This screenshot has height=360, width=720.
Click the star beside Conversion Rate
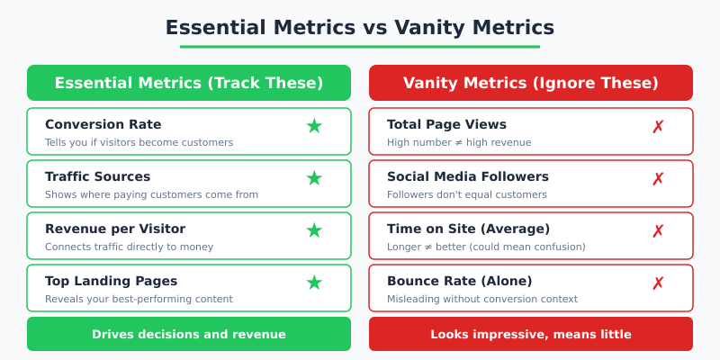[314, 127]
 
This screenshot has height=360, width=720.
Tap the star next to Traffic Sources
[314, 179]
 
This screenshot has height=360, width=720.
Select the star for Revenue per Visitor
[314, 231]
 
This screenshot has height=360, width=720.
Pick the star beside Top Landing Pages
[314, 283]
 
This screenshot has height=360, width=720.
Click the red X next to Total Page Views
[658, 127]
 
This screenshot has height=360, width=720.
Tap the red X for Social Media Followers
[658, 179]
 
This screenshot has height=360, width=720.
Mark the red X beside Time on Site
[658, 231]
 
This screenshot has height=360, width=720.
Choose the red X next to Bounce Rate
[658, 283]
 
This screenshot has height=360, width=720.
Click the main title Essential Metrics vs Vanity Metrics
[360, 28]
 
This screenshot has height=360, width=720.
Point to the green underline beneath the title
[360, 47]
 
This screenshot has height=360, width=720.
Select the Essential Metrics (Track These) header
[189, 83]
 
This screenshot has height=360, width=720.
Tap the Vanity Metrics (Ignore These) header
[531, 83]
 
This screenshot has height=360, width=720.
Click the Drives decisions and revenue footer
[189, 334]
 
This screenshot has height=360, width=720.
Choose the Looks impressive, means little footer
[531, 334]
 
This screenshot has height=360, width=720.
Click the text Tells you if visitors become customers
[139, 142]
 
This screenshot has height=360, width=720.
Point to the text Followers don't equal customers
[466, 194]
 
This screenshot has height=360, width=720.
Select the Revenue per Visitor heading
[115, 229]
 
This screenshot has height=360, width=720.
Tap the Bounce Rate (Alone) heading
[459, 281]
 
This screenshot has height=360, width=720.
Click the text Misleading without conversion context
[481, 299]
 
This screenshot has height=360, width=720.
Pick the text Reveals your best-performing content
[139, 299]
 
